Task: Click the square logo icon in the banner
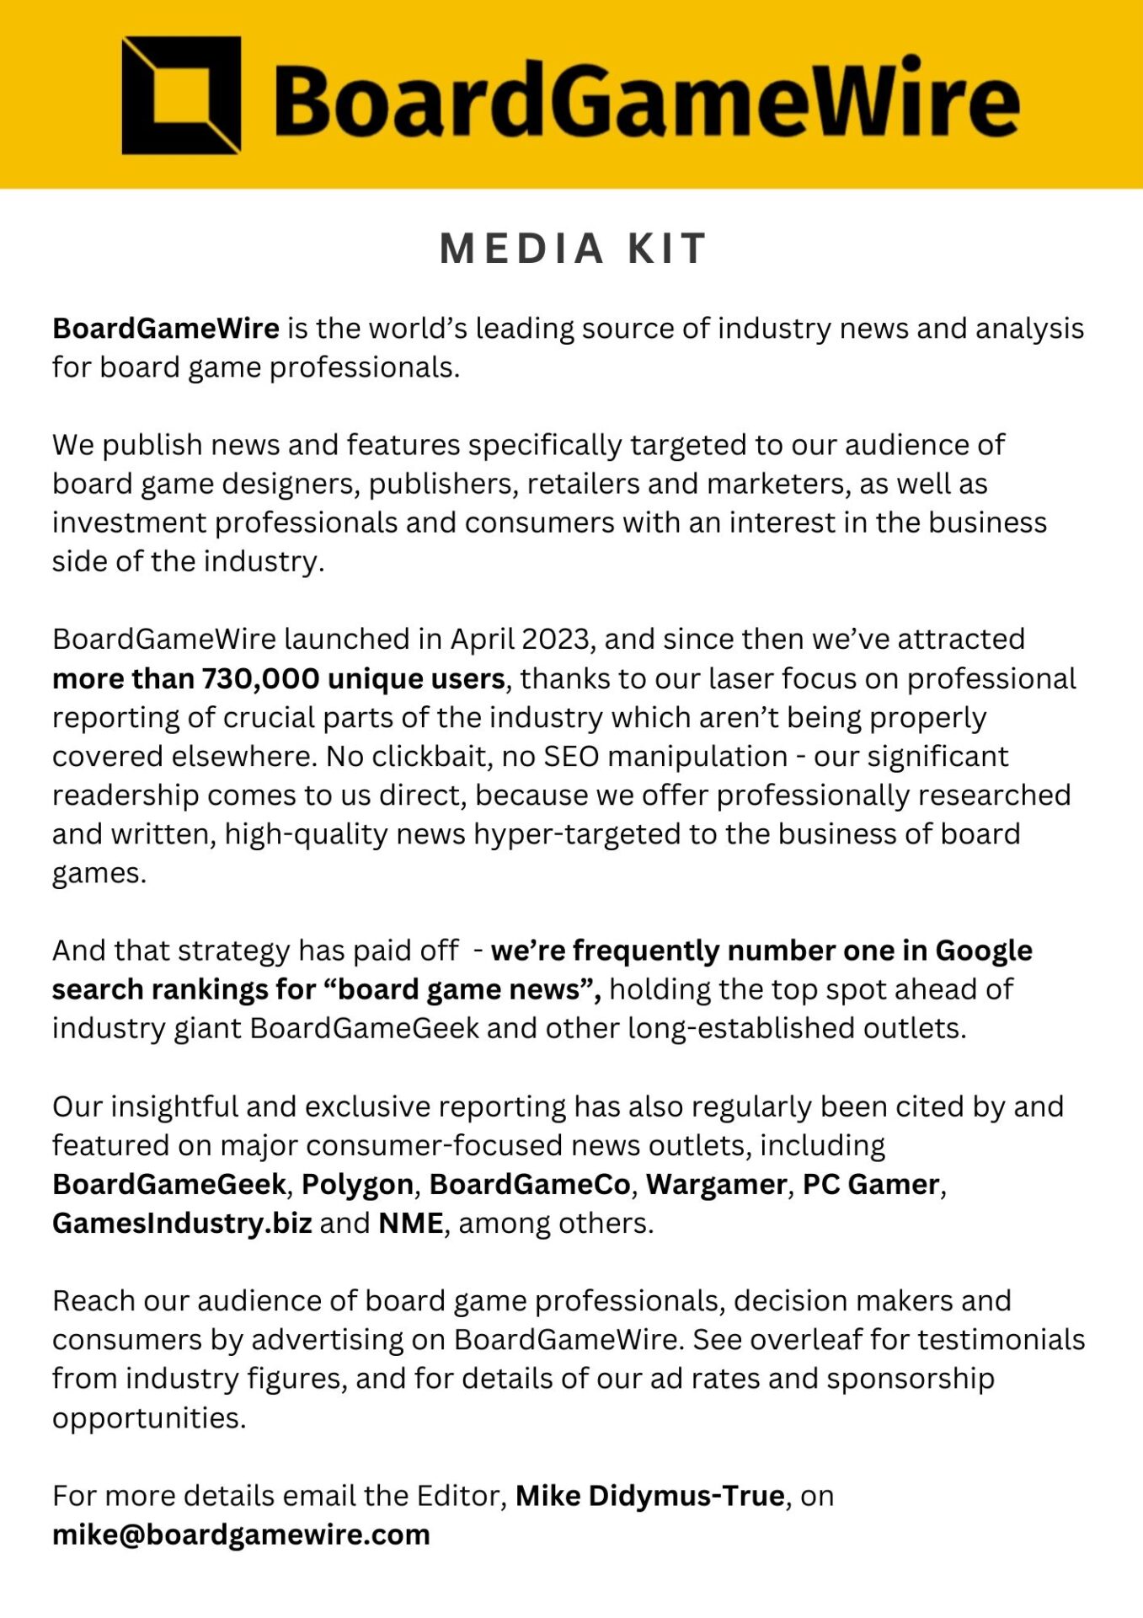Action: (x=181, y=95)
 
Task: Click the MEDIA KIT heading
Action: (x=573, y=249)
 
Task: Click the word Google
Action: (x=983, y=951)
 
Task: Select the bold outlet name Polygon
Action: (x=357, y=1185)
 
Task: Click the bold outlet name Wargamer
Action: (x=716, y=1185)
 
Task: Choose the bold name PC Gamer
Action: (x=870, y=1185)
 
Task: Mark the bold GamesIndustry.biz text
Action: (x=182, y=1224)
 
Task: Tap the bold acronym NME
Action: (x=411, y=1224)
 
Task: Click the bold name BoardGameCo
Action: (x=530, y=1185)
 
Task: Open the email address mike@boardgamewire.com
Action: (x=241, y=1535)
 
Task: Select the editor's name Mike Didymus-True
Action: (x=649, y=1496)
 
